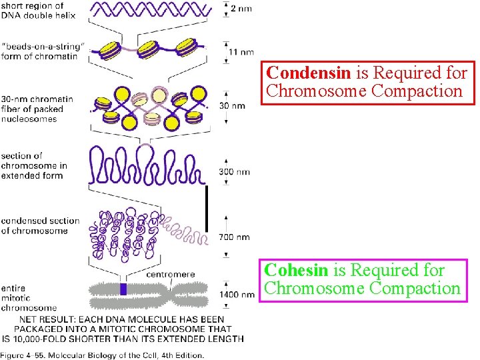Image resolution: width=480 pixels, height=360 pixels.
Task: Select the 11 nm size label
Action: coord(241,52)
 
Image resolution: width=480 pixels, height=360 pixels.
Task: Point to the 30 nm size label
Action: coord(236,106)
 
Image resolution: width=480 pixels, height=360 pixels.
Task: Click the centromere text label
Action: coord(170,274)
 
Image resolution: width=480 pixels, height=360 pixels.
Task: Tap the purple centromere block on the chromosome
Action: coord(123,289)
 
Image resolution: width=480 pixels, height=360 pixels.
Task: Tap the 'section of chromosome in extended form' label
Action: coord(33,165)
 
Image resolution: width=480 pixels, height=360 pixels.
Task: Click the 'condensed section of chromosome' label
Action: coord(40,225)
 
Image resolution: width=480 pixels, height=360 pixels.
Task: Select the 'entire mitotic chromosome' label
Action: coord(29,298)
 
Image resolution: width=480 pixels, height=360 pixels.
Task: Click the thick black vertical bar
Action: coord(207,209)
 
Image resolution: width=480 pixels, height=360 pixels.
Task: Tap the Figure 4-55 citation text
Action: coord(100,355)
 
